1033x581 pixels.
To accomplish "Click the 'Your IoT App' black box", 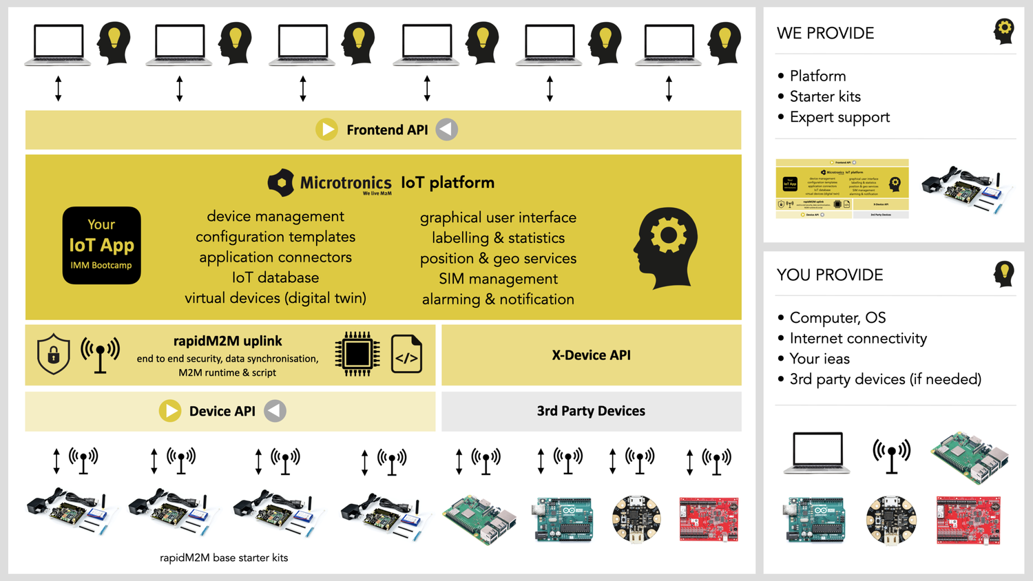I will (x=101, y=245).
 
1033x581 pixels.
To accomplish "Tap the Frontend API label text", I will (x=387, y=130).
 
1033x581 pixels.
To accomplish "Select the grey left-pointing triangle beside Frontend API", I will (x=447, y=129).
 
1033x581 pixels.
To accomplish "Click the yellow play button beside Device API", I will (x=170, y=411).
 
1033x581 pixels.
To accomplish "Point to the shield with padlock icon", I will (x=54, y=354).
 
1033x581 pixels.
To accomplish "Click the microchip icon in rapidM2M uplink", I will (x=357, y=355).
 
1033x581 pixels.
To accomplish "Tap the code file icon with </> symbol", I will (x=406, y=355).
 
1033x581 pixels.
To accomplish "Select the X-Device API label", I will (x=591, y=355).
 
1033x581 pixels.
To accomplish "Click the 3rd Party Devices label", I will (x=591, y=411).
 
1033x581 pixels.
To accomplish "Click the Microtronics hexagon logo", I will (x=280, y=182).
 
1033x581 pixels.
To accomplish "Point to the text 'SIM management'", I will (x=498, y=279).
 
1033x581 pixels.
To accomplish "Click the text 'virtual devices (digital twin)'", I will (x=275, y=298).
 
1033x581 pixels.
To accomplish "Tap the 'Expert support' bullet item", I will (x=839, y=117).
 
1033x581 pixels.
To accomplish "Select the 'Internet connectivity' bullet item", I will (x=858, y=338).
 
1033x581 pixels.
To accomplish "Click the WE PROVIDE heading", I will (x=825, y=33).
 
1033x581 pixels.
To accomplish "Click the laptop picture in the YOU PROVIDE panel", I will (x=817, y=453).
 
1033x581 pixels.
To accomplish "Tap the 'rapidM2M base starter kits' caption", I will (x=224, y=558).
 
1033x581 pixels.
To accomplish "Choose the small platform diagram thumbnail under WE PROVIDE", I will (x=842, y=189).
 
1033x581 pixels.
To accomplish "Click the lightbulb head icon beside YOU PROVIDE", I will (x=1003, y=274).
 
